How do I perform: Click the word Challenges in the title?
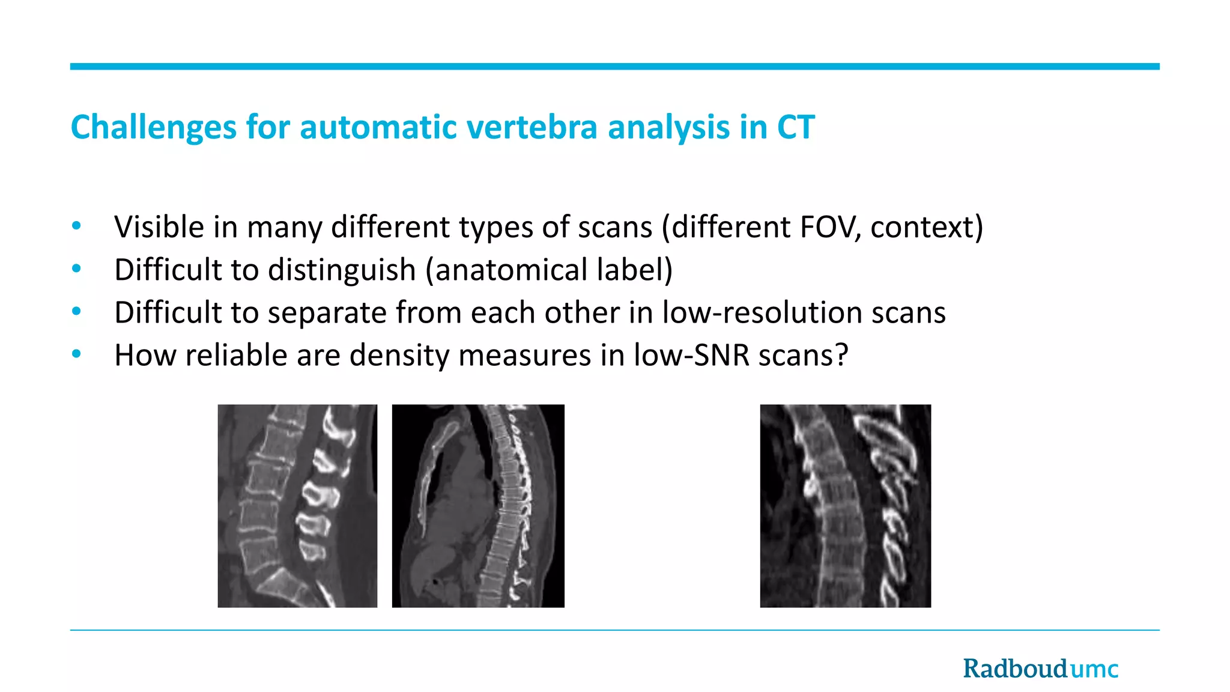[153, 128]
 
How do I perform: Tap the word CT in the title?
[795, 128]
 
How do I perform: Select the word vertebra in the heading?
[532, 128]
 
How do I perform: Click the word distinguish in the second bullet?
[342, 270]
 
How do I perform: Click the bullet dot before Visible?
[76, 226]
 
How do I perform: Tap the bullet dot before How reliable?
[76, 354]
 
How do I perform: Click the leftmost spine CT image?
[297, 506]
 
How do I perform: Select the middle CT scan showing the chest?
[478, 506]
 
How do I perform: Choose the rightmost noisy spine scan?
[845, 506]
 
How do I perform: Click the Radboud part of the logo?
[1015, 669]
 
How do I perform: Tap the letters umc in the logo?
[1094, 669]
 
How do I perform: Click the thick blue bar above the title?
[614, 67]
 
